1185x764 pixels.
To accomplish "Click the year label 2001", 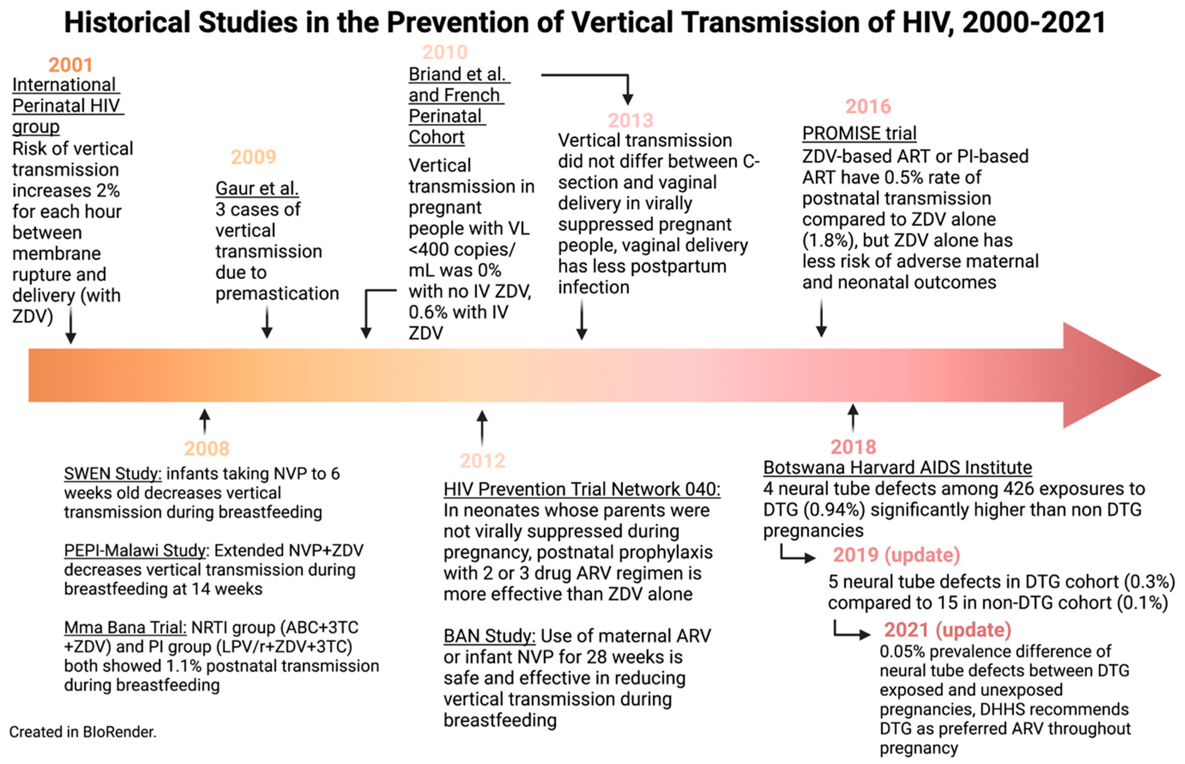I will [x=70, y=65].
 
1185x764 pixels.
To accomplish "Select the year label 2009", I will [x=253, y=157].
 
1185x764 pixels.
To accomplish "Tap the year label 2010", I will [x=444, y=52].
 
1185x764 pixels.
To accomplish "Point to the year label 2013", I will [x=630, y=121].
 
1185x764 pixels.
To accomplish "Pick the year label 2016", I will [x=868, y=107].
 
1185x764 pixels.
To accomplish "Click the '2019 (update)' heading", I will [x=896, y=555].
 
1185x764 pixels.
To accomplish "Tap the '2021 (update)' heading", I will [x=947, y=630].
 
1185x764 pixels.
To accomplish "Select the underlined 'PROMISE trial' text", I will [x=859, y=134].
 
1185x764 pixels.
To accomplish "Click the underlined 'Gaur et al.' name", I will [x=257, y=189].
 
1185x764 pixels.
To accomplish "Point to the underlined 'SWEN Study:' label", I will [x=112, y=474].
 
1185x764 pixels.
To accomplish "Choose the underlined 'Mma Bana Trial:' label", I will [x=125, y=628].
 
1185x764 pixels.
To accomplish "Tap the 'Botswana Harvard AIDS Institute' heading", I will [x=897, y=468].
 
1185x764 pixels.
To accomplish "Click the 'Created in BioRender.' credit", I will [x=83, y=732].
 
